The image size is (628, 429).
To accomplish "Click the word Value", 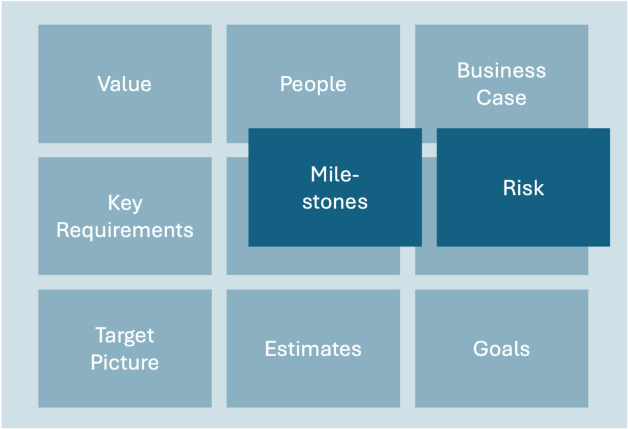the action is click(x=124, y=84).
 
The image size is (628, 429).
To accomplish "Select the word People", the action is click(x=313, y=85).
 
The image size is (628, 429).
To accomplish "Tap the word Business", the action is click(x=502, y=70).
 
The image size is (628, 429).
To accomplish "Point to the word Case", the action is click(x=502, y=97).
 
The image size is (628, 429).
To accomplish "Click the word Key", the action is click(x=125, y=203).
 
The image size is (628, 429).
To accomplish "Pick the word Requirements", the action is click(x=125, y=230).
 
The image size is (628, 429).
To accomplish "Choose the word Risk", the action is click(x=524, y=188).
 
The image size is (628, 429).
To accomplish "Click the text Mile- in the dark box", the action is click(x=335, y=174).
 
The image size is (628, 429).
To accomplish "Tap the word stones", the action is click(x=335, y=201).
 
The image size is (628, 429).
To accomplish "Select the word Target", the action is click(x=125, y=336).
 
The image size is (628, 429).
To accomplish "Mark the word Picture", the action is click(x=125, y=363).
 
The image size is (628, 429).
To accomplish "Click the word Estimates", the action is click(x=313, y=349).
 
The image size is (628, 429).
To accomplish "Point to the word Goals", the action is click(x=502, y=349).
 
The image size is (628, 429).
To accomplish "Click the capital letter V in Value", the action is click(x=104, y=84).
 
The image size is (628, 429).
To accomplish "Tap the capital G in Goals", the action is click(x=481, y=349).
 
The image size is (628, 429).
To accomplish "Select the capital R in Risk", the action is click(x=510, y=188).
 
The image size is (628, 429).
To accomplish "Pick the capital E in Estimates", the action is click(x=270, y=349).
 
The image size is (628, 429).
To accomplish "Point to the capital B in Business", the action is click(x=464, y=70).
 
